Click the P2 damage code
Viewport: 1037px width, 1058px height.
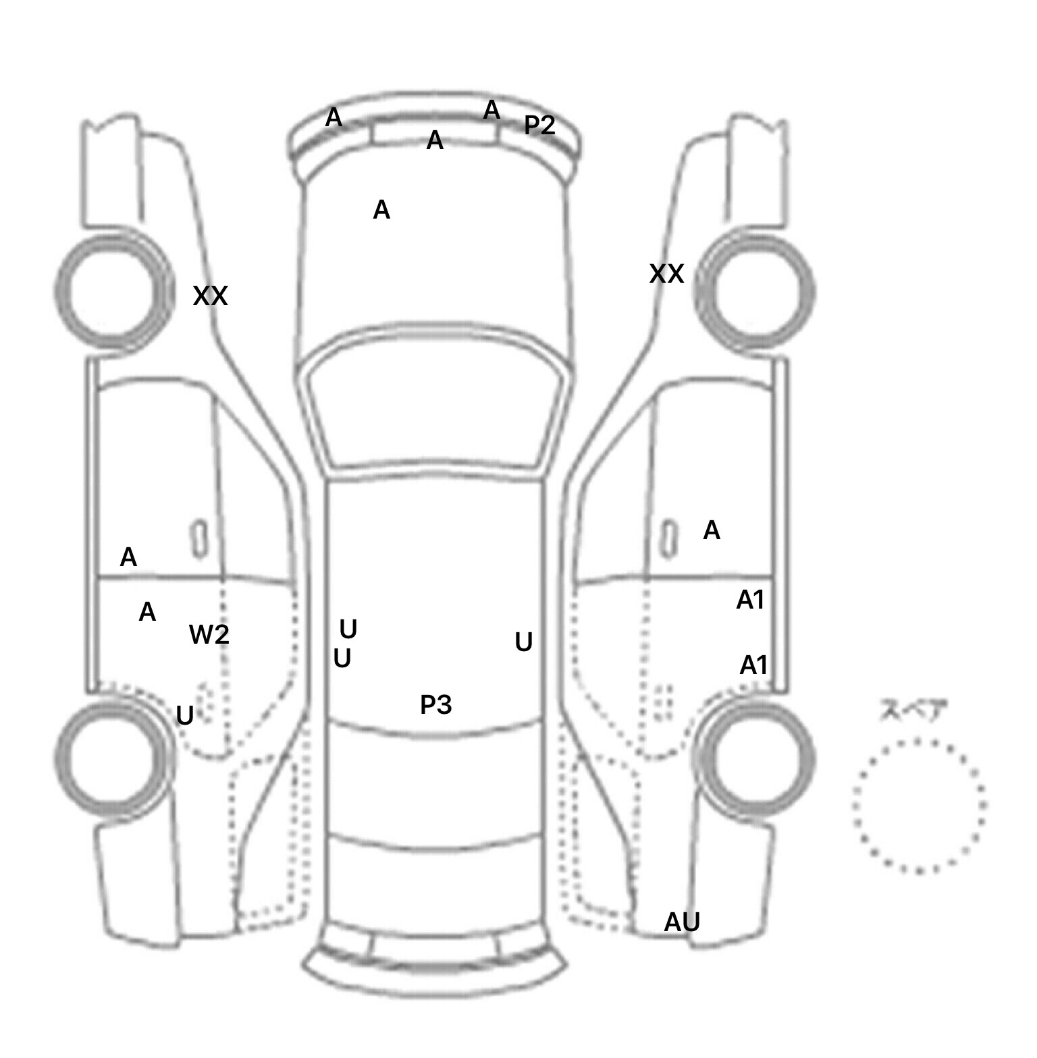pyautogui.click(x=539, y=125)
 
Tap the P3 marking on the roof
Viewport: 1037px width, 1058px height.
pyautogui.click(x=435, y=705)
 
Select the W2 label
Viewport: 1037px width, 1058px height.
pyautogui.click(x=209, y=634)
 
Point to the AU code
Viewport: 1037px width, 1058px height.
pyautogui.click(x=682, y=922)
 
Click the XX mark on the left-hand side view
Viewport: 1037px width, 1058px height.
pyautogui.click(x=211, y=296)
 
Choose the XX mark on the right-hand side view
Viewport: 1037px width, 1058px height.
pyautogui.click(x=666, y=274)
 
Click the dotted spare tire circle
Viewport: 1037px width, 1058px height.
pyautogui.click(x=919, y=806)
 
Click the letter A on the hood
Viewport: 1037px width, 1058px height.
pyautogui.click(x=381, y=211)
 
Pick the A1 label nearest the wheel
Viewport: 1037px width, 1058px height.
pyautogui.click(x=753, y=666)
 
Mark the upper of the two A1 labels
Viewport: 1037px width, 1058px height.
pyautogui.click(x=749, y=600)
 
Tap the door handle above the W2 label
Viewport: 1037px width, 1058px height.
pyautogui.click(x=198, y=538)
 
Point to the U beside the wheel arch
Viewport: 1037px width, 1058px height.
pyautogui.click(x=184, y=715)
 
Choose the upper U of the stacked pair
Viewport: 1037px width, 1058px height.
pyautogui.click(x=348, y=630)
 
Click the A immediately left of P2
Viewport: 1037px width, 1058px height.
pyautogui.click(x=491, y=110)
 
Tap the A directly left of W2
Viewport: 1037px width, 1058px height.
pyautogui.click(x=147, y=613)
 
